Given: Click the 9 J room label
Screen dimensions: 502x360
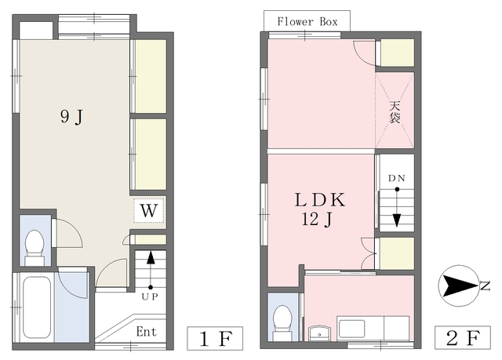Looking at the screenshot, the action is pyautogui.click(x=71, y=117).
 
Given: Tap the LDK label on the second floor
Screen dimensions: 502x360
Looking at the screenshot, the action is pyautogui.click(x=320, y=200).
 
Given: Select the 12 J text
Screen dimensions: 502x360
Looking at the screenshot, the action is pyautogui.click(x=317, y=220).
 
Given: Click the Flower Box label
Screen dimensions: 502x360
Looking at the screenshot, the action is pyautogui.click(x=307, y=21).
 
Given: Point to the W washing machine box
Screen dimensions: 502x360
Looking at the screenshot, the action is pyautogui.click(x=149, y=210).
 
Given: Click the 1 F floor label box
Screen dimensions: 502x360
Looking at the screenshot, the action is pyautogui.click(x=215, y=338).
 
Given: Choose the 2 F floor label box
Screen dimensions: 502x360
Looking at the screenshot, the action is pyautogui.click(x=463, y=337).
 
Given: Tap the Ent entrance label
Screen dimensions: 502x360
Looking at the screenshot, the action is pyautogui.click(x=147, y=332).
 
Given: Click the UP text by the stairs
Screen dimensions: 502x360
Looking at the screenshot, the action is pyautogui.click(x=150, y=297).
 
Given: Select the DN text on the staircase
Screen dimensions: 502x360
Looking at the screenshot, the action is pyautogui.click(x=397, y=178).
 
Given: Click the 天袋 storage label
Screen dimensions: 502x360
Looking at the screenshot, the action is pyautogui.click(x=395, y=112).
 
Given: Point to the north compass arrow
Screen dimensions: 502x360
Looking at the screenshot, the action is pyautogui.click(x=460, y=285).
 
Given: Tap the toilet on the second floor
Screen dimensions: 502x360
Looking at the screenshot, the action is pyautogui.click(x=282, y=322).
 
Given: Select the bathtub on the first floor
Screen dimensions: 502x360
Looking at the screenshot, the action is pyautogui.click(x=37, y=307).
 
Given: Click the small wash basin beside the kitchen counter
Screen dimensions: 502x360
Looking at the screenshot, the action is pyautogui.click(x=319, y=333).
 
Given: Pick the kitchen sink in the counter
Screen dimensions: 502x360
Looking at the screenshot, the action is pyautogui.click(x=351, y=329).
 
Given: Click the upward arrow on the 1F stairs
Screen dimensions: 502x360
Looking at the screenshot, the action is pyautogui.click(x=151, y=270).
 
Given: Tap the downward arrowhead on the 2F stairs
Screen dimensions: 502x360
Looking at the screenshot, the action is pyautogui.click(x=397, y=220).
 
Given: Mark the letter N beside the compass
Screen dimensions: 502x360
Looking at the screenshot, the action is pyautogui.click(x=486, y=285).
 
